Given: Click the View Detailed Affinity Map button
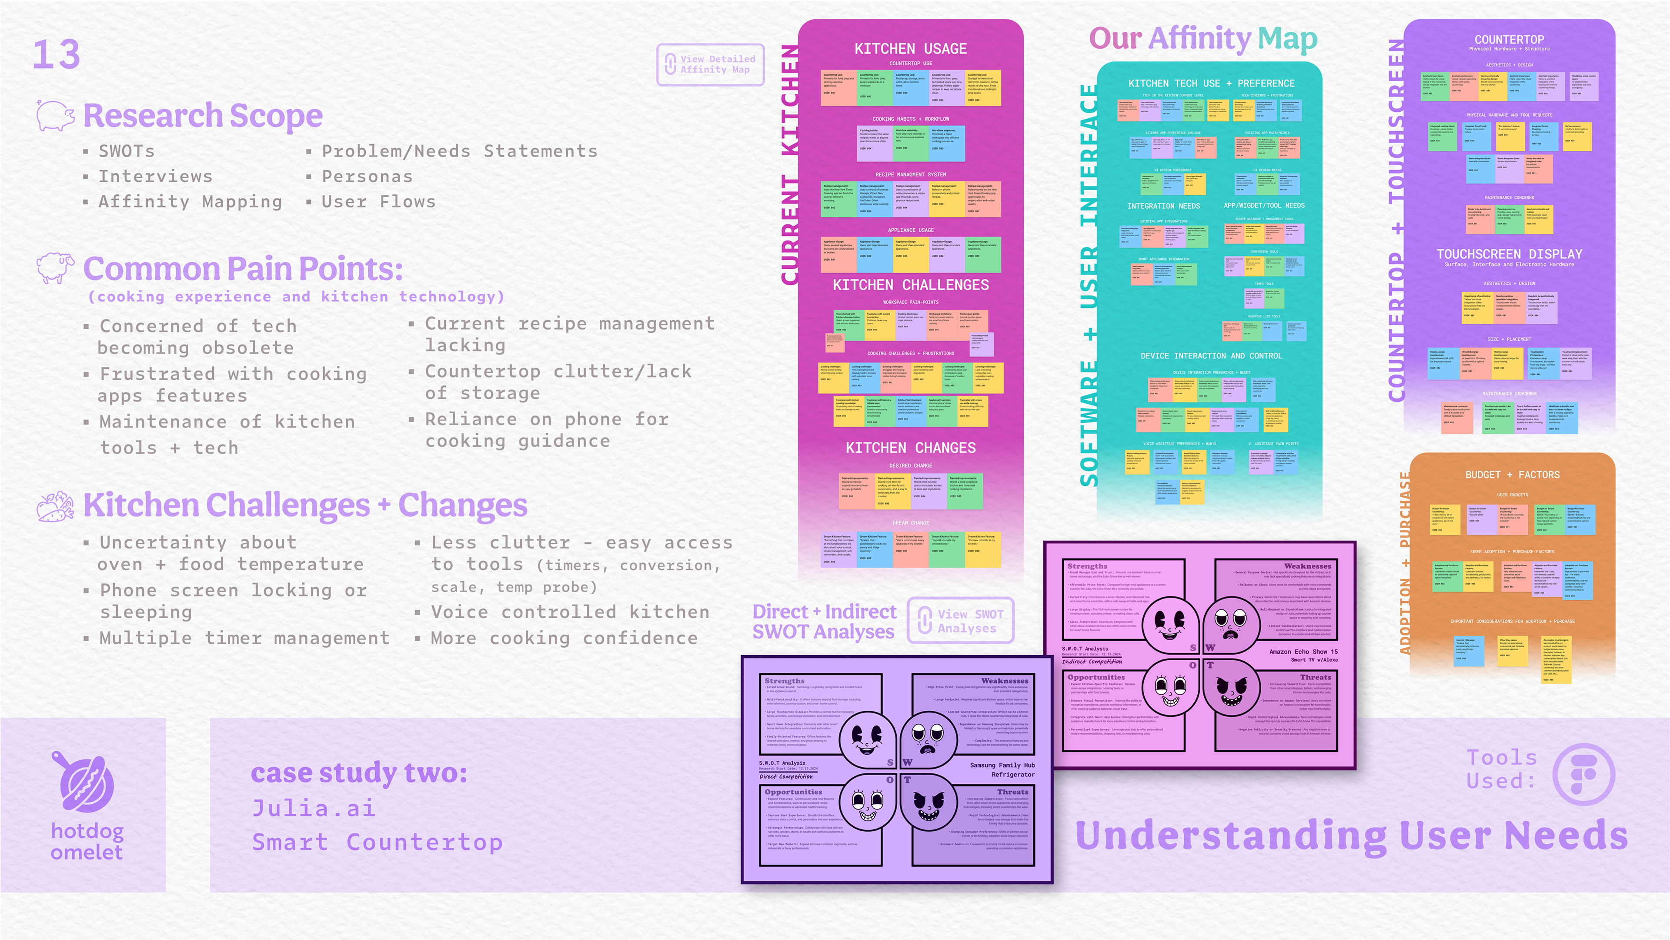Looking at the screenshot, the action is (711, 64).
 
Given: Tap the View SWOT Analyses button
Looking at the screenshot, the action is (960, 620).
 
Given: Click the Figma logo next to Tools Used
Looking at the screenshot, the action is (1584, 773).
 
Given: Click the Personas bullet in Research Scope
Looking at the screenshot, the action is (367, 176).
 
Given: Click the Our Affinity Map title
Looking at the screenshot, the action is (1203, 39).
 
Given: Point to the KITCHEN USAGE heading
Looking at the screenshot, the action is (910, 49).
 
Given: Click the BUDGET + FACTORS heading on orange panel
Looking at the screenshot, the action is (1513, 475).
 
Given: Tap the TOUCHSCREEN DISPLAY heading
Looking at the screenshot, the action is (1509, 254).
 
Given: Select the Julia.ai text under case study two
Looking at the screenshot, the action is (314, 808).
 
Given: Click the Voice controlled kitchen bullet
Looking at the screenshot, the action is (570, 612).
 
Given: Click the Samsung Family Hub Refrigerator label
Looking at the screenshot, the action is (1002, 769).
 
